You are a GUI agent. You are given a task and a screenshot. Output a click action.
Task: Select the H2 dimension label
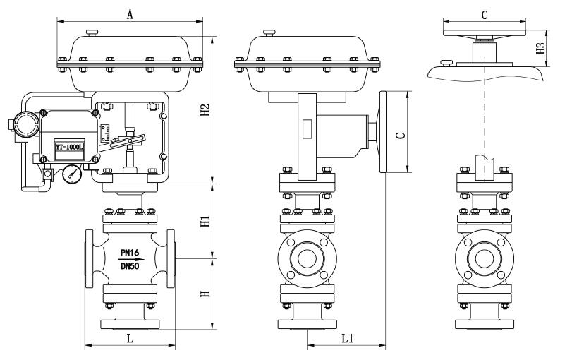[205, 112]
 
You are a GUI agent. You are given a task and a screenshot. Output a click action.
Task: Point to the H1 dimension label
[205, 220]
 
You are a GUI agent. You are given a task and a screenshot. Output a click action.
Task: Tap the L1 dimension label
[347, 338]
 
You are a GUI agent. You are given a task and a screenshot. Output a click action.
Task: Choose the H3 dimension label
[541, 48]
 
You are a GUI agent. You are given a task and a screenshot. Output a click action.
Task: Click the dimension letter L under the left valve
[130, 338]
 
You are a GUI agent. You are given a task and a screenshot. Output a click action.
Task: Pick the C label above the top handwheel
[484, 13]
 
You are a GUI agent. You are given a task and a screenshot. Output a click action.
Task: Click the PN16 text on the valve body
[130, 250]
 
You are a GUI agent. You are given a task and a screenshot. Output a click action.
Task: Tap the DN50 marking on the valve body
[130, 267]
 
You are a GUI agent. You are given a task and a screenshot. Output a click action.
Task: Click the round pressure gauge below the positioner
[70, 174]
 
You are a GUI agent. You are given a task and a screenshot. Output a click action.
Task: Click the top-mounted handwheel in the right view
[484, 30]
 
